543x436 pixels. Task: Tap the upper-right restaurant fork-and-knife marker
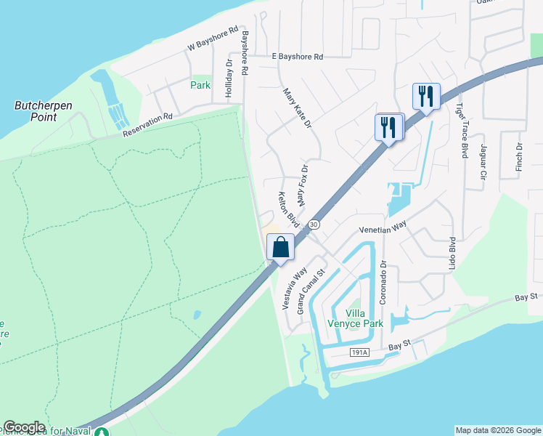point(426,96)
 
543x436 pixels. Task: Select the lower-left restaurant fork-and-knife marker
point(389,127)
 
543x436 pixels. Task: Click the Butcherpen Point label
point(44,110)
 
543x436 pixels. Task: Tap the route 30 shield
point(314,225)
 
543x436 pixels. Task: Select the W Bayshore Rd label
point(213,39)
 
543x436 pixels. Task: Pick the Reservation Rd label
point(147,125)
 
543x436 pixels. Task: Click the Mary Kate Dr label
point(296,109)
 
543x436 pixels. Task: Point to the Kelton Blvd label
point(288,209)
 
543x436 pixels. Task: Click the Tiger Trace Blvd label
point(461,130)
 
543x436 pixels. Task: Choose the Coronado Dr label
point(385,283)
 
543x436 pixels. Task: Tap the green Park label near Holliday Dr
point(200,85)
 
